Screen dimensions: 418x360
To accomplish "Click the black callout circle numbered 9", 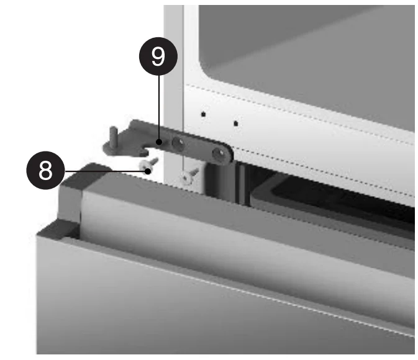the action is [158, 56].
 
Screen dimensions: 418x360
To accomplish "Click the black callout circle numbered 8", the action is [45, 170].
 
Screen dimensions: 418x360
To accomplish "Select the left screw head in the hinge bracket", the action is [178, 143].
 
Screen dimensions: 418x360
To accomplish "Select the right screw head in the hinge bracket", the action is [219, 154].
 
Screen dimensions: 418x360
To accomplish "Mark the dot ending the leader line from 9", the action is [159, 142].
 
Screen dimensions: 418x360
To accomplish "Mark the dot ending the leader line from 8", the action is [148, 171].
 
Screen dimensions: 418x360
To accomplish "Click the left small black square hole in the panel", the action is [203, 114].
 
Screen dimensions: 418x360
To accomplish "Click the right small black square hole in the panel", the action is [235, 124].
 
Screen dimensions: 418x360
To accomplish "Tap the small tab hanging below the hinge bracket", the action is [143, 153].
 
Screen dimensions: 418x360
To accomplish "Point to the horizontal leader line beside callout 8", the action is [106, 171].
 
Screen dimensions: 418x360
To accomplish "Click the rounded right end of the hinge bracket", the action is [226, 155].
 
